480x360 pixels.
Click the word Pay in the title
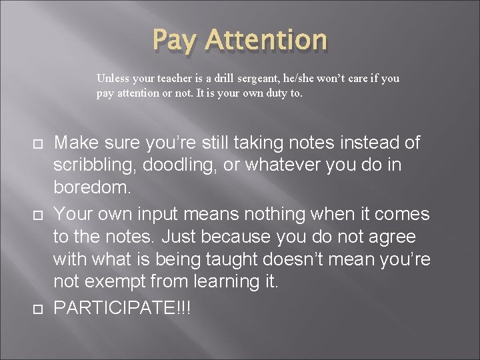175,40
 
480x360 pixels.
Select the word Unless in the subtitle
111,78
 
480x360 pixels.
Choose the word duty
274,94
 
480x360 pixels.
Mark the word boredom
92,188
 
